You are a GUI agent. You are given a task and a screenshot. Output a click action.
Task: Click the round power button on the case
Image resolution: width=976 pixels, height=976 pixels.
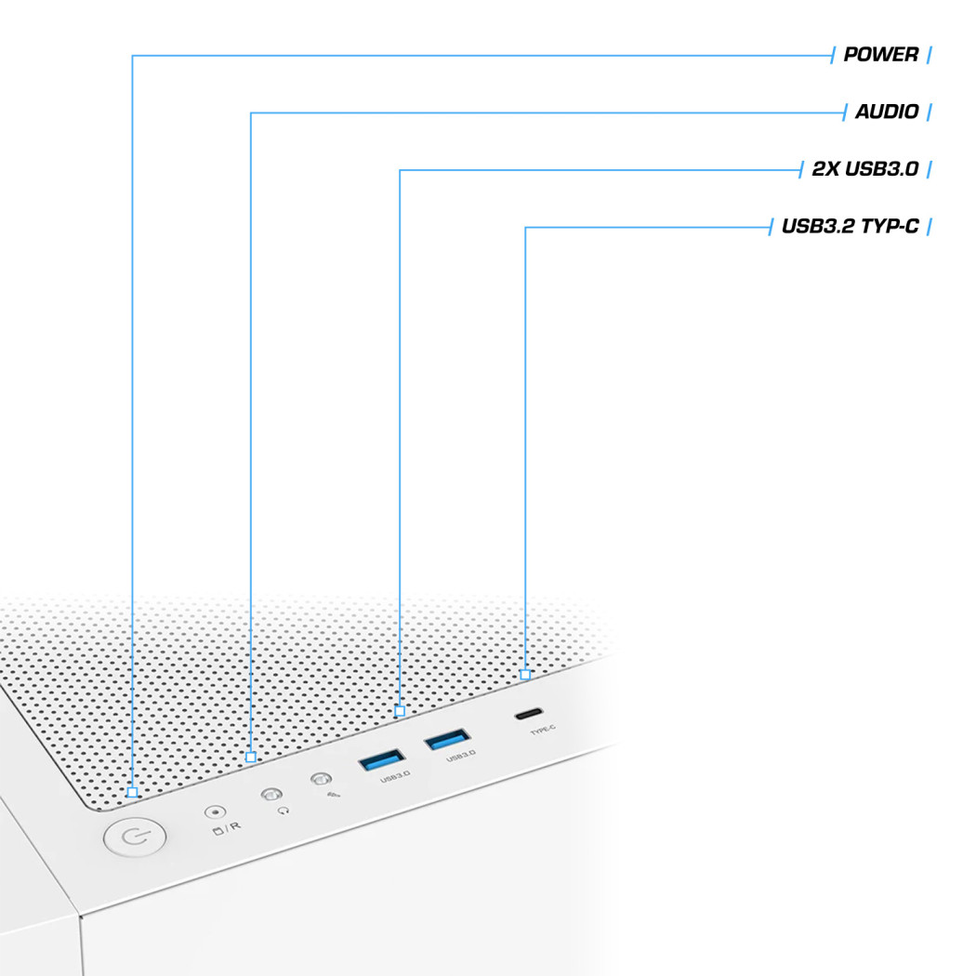[135, 837]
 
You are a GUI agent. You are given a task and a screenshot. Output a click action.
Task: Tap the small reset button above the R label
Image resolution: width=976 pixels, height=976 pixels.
[216, 812]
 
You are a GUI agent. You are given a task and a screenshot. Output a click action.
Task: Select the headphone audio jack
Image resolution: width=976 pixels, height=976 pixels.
[271, 794]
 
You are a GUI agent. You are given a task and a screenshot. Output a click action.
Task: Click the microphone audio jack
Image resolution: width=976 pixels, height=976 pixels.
[321, 779]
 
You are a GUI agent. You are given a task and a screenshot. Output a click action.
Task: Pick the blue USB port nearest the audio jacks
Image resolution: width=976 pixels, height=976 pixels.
[382, 759]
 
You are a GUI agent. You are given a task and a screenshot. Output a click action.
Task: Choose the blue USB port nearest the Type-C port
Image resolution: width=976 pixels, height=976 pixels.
[447, 740]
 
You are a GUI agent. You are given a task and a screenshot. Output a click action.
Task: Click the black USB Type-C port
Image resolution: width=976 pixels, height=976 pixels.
[529, 714]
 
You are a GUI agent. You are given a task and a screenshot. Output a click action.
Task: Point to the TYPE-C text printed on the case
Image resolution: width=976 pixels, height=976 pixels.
[542, 730]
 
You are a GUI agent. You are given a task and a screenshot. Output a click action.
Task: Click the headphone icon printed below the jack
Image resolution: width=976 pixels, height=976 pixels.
[284, 811]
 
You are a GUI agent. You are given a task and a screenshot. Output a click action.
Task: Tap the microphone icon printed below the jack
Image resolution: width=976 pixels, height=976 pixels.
[334, 795]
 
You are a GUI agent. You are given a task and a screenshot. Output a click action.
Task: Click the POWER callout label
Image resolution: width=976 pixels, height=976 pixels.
[881, 55]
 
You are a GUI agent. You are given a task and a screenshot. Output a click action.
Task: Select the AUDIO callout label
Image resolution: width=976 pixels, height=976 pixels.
[887, 112]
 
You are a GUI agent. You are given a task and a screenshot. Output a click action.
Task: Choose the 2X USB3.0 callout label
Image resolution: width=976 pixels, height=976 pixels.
[865, 169]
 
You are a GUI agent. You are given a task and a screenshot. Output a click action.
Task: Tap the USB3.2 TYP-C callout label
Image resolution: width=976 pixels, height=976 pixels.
[851, 227]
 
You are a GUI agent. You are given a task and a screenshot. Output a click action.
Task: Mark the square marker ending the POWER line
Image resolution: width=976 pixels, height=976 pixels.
[132, 792]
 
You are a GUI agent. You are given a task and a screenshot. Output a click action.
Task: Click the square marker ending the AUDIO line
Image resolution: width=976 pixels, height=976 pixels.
[251, 757]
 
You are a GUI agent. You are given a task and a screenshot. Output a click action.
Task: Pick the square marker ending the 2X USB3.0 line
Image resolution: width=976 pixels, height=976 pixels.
[400, 711]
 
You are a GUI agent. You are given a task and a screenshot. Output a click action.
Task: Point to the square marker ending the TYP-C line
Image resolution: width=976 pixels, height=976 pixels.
[525, 675]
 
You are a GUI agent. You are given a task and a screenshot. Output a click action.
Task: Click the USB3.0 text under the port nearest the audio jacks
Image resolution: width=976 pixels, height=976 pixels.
[395, 776]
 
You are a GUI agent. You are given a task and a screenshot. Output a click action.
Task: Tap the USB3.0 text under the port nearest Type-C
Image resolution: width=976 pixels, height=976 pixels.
[461, 756]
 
